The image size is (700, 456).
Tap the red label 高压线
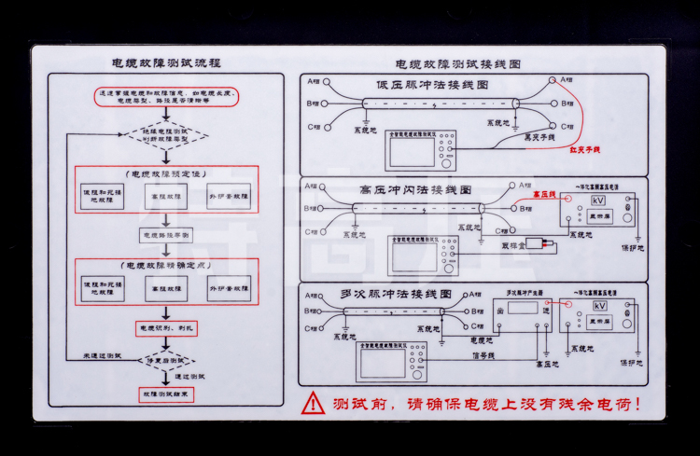point(543,194)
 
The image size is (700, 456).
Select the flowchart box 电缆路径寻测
point(165,234)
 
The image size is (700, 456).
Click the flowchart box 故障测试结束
point(165,394)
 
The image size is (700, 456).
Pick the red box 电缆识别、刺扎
point(165,328)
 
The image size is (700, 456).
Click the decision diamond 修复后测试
point(165,359)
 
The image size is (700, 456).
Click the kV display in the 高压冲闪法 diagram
point(599,201)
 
